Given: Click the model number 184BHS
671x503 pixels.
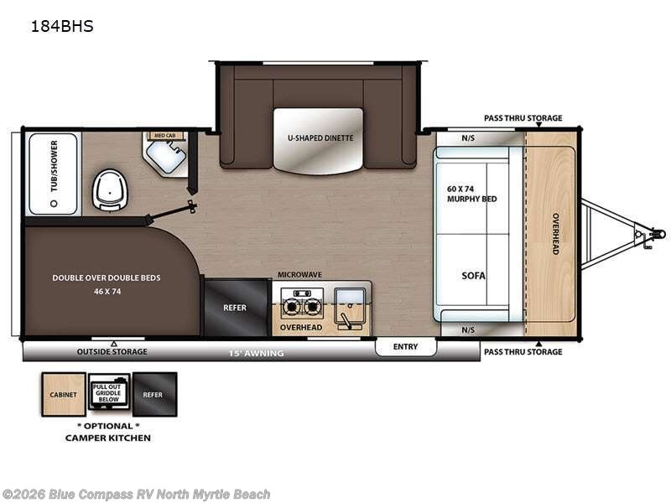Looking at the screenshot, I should pos(50,26).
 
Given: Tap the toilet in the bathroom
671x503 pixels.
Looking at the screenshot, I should pos(107,189).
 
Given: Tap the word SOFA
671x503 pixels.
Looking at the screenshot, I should pos(473,275).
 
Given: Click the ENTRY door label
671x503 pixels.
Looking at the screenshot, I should pos(405,346).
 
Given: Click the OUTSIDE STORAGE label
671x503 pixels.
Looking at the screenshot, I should pos(112,352).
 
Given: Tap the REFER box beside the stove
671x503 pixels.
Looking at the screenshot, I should pos(235,308).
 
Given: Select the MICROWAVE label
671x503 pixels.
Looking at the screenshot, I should pos(300,274).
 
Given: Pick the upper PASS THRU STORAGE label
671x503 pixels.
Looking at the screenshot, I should pos(523,118).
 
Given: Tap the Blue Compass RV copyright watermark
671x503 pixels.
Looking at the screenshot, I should pos(136,495).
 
